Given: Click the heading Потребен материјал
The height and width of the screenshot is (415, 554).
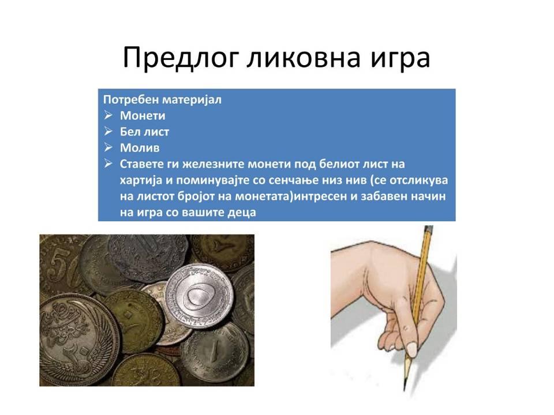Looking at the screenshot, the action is tap(162, 100).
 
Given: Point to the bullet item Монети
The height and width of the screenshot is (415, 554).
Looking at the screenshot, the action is tap(143, 116).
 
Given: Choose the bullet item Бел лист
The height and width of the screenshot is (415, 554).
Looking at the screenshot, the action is tap(144, 131).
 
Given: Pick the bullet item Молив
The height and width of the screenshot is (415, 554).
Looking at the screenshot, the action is tap(140, 148).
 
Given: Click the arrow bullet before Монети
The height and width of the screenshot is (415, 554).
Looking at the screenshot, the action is tap(108, 115).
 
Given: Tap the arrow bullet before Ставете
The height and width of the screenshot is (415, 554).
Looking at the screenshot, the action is tap(108, 163).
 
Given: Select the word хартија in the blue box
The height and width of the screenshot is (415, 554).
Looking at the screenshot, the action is tap(141, 180).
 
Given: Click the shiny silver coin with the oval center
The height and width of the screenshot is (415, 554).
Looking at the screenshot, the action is tap(200, 296).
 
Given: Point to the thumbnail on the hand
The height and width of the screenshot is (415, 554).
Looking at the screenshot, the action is tap(411, 349).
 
